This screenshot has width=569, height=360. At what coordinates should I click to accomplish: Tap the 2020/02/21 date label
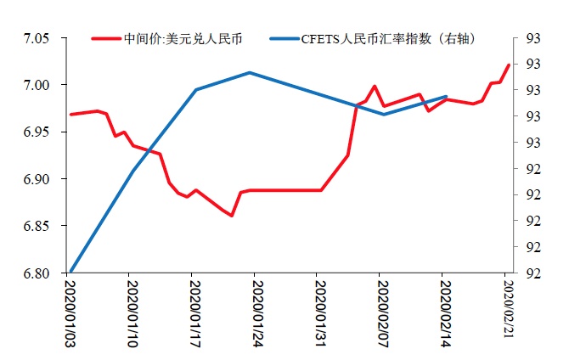[x=506, y=309]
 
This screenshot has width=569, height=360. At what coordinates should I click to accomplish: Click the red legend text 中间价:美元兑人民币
[x=175, y=39]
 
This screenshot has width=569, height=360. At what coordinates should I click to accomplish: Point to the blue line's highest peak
[x=249, y=72]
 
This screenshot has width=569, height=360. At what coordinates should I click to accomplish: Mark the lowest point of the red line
[x=231, y=216]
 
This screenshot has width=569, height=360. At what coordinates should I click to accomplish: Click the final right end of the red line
[x=509, y=65]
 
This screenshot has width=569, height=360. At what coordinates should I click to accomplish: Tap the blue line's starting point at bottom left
[x=70, y=273]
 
